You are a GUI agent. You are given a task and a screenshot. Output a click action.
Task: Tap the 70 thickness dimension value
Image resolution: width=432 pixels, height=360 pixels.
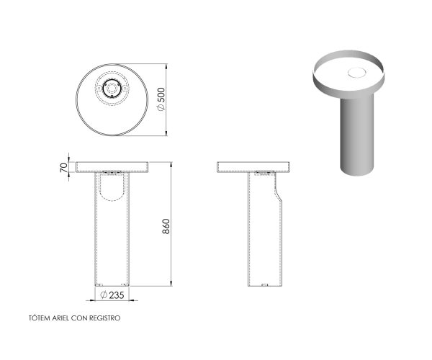click(63, 166)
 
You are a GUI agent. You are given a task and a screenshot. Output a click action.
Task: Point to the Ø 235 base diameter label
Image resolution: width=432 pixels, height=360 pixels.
click(112, 295)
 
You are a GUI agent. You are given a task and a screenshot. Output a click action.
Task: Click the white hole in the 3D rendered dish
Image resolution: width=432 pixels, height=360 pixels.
click(356, 72)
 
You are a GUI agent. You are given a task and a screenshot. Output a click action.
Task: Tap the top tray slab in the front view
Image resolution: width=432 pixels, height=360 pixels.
click(112, 166)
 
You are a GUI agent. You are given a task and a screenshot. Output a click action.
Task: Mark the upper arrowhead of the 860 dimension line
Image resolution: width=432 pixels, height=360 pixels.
click(171, 164)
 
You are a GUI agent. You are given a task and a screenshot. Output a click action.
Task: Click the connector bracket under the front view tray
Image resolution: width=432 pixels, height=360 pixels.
click(112, 173)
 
